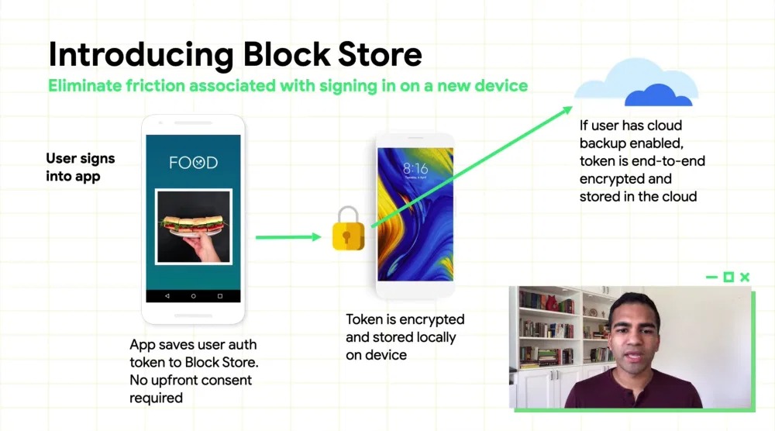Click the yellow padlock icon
[348, 229]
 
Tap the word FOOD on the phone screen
[193, 163]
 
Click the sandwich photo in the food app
[193, 227]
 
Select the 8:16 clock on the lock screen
[415, 168]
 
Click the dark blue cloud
[658, 95]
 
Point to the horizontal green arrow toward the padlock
[288, 237]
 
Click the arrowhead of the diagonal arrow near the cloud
[567, 110]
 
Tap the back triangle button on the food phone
[167, 296]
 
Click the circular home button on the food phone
[193, 296]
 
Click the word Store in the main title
[380, 54]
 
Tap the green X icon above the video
[745, 278]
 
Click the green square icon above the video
[728, 278]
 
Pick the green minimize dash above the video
[711, 278]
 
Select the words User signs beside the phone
[80, 159]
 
